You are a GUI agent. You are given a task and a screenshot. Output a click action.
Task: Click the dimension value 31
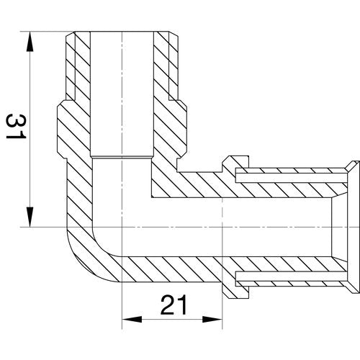[16, 127]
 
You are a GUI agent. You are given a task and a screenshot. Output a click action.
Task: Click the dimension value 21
[174, 305]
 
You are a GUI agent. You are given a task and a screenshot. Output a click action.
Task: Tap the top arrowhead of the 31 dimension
[30, 41]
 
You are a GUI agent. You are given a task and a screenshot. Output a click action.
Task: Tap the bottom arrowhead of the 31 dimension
[30, 217]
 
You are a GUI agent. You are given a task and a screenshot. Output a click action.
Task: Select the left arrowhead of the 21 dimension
[132, 320]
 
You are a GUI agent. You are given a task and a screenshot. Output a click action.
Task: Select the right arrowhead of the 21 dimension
[212, 320]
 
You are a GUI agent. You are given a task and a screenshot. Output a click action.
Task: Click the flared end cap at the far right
[354, 227]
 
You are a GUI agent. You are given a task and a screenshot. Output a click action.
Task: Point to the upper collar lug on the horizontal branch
[235, 163]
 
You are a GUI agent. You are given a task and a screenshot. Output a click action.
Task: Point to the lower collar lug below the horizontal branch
[235, 290]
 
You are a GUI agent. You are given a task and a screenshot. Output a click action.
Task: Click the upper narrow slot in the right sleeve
[292, 178]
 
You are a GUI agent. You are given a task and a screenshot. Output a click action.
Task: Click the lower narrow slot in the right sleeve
[292, 276]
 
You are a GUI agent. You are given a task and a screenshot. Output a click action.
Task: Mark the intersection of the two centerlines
[122, 227]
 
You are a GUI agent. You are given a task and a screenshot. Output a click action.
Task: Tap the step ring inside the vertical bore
[122, 158]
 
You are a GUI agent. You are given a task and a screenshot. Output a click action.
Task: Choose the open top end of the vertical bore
[122, 32]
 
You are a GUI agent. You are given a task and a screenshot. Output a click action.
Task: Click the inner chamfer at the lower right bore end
[340, 260]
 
